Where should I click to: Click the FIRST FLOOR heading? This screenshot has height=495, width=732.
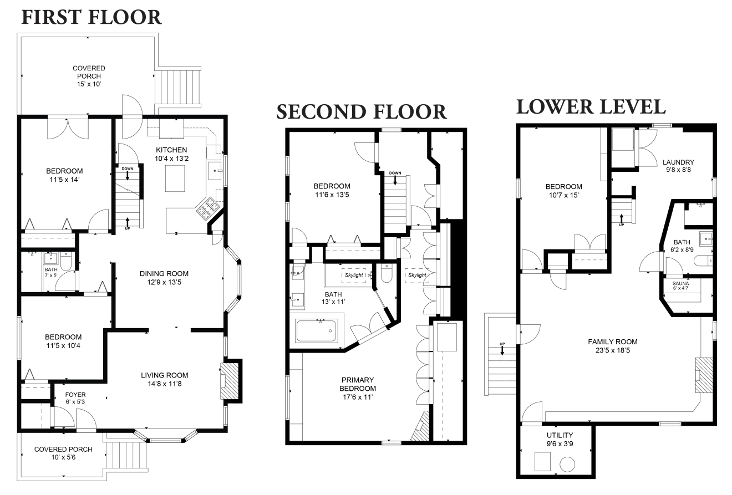(x=91, y=17)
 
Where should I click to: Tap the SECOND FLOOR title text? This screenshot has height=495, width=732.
(x=362, y=112)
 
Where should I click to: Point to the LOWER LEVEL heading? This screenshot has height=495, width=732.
(x=591, y=107)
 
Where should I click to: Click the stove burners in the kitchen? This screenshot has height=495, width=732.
(x=207, y=208)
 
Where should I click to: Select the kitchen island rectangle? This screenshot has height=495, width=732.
(x=175, y=178)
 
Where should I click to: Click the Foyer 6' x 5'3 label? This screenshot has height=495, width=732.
(x=75, y=398)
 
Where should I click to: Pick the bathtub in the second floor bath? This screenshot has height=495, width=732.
(x=316, y=331)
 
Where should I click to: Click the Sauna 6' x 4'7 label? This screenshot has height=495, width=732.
(x=680, y=285)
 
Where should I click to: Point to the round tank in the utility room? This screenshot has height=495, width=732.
(x=567, y=465)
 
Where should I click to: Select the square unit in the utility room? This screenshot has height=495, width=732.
(x=542, y=461)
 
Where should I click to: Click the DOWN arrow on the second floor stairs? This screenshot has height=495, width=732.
(x=395, y=180)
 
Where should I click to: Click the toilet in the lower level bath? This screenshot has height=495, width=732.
(x=703, y=261)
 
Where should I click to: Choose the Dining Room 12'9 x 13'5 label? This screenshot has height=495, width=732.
(x=164, y=278)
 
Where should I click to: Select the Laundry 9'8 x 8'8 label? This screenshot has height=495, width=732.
(x=678, y=166)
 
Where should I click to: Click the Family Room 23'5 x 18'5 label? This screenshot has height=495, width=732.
(x=613, y=346)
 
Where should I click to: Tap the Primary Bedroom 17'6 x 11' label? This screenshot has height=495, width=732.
(x=358, y=389)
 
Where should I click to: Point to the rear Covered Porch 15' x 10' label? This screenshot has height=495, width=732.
(x=89, y=76)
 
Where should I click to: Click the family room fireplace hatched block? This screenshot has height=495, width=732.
(x=704, y=375)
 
